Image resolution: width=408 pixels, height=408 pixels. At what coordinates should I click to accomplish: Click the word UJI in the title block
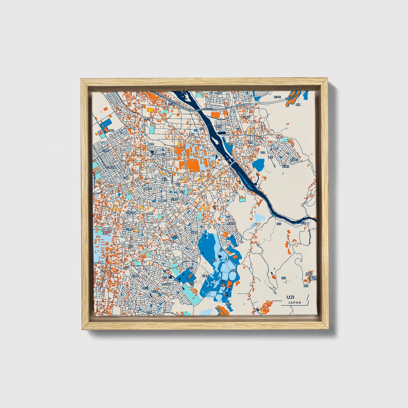point(290,297)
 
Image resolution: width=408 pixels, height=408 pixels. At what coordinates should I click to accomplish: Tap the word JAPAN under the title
point(294,302)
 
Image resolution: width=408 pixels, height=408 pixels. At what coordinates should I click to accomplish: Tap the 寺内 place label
point(152,144)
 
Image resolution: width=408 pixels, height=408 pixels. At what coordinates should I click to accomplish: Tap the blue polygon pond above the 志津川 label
point(258,164)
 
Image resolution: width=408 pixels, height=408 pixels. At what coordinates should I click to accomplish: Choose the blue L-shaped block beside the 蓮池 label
point(106,124)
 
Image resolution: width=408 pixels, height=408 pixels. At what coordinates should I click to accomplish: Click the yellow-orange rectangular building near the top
point(150,109)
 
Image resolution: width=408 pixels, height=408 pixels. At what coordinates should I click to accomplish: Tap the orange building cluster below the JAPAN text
point(265,307)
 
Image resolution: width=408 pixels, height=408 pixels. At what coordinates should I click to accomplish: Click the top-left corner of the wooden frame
point(82,80)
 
